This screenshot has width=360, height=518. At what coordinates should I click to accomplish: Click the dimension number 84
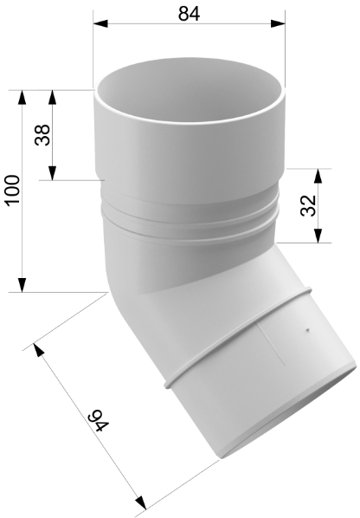coord(189,14)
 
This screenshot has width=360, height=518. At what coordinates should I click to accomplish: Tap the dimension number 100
coord(14,191)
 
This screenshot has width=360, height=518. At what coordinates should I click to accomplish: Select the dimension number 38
coord(42,135)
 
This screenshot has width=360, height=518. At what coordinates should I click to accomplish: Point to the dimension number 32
coord(309,205)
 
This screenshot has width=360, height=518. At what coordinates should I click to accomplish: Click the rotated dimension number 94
coord(98,421)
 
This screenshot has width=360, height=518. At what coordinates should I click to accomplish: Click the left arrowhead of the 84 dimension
coord(100,23)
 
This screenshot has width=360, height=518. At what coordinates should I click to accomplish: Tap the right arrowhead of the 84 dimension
coord(278,23)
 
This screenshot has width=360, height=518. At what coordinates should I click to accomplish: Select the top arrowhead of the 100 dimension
coord(22,97)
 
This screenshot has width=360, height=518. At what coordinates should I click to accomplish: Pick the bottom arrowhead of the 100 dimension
coord(22,285)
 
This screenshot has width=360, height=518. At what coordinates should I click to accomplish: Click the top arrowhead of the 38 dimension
coord(52,97)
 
